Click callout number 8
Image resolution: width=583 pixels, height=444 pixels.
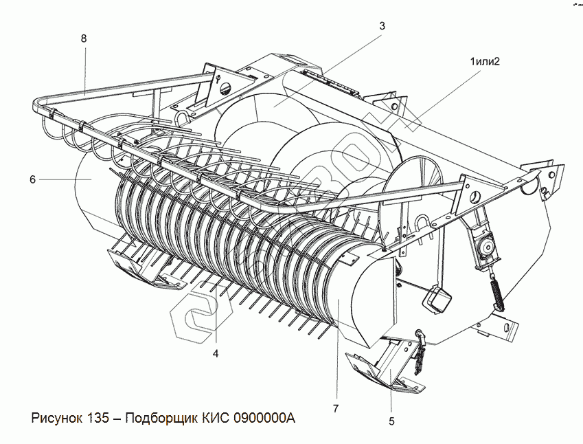click(84, 39)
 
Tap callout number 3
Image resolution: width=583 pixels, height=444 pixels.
click(382, 25)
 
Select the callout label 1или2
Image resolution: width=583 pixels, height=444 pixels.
click(485, 61)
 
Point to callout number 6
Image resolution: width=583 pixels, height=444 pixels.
click(32, 180)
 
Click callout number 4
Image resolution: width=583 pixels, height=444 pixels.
click(215, 354)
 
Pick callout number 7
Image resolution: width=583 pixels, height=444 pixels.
click(336, 409)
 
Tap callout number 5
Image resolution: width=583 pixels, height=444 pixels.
click(391, 421)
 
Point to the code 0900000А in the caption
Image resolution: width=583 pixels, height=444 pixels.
click(264, 419)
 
